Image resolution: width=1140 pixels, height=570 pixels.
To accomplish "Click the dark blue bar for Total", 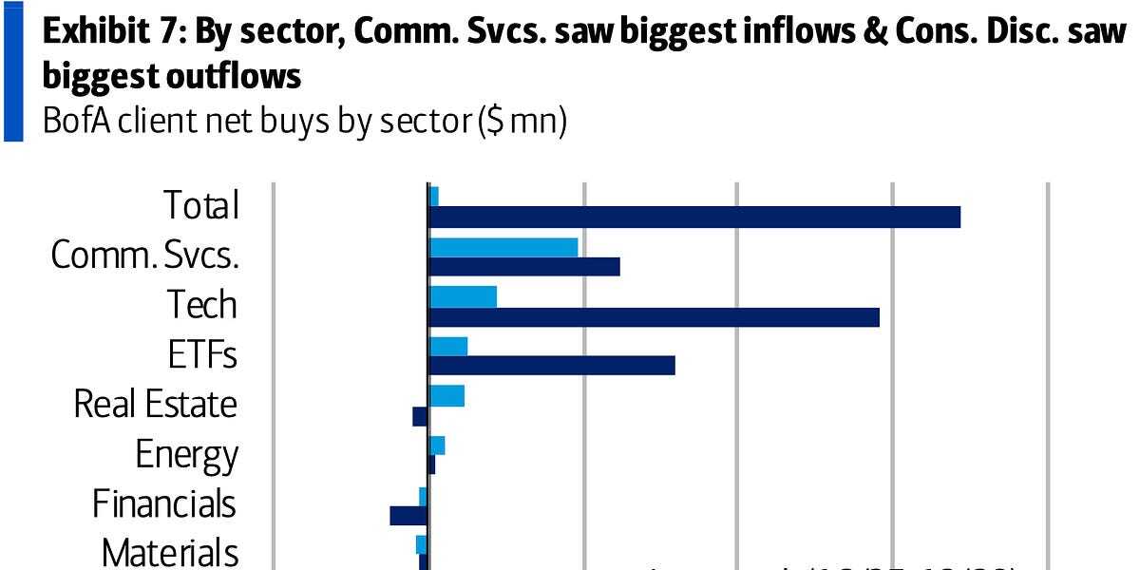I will click(694, 217).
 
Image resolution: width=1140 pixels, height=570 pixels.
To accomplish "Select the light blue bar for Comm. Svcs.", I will click(503, 247).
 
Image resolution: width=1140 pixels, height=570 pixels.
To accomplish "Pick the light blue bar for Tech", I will click(463, 296).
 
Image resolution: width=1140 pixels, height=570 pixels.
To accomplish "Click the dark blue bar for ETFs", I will click(552, 365).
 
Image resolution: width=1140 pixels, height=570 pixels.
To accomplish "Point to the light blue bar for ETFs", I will click(448, 346).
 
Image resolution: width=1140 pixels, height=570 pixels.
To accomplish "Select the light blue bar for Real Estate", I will click(446, 395).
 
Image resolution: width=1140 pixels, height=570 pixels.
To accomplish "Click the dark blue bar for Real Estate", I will click(420, 416).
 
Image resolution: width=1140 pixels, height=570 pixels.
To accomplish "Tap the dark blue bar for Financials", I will click(408, 515).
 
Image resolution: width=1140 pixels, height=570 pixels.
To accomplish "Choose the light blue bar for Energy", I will click(437, 446).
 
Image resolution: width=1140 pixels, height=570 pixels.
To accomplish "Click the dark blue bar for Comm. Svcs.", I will click(524, 266).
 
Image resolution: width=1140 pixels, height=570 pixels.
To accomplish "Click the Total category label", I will click(200, 205).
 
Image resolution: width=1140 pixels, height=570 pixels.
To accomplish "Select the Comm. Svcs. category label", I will click(144, 255).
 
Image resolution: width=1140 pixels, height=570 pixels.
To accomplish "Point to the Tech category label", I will click(201, 305).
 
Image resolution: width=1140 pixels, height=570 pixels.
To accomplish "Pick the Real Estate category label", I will click(155, 405).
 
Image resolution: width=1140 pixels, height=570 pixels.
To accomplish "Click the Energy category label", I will click(186, 454).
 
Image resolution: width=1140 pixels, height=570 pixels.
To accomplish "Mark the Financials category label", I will click(163, 503).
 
